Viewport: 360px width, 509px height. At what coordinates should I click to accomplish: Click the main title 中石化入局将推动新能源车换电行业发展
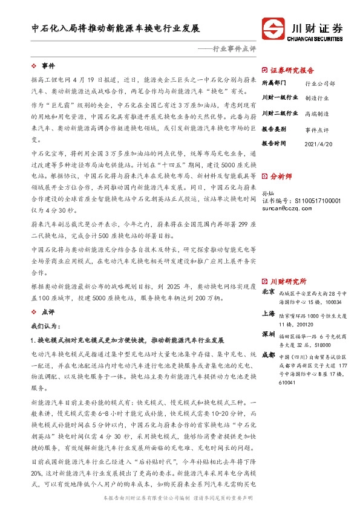(116, 28)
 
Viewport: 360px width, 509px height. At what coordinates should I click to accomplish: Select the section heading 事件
(48, 65)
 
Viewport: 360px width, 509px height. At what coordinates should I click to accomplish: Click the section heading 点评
(48, 312)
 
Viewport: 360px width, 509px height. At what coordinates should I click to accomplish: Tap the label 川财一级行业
(280, 97)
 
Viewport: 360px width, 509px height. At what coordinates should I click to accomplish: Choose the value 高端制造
(317, 113)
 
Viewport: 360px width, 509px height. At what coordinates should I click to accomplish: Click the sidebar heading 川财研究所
(288, 282)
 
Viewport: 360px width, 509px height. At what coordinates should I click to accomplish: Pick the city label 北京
(269, 293)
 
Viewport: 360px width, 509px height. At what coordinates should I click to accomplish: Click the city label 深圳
(269, 335)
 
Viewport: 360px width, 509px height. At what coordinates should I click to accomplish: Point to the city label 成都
(269, 356)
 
